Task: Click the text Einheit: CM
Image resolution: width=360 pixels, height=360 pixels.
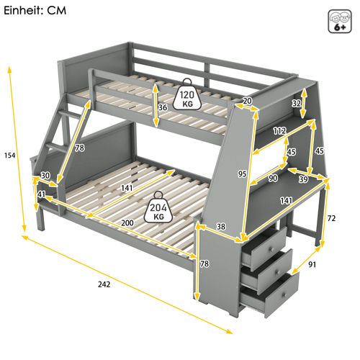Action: click(x=35, y=12)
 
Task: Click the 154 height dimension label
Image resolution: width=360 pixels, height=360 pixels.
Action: click(x=9, y=156)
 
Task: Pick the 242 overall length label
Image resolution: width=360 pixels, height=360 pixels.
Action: click(x=104, y=284)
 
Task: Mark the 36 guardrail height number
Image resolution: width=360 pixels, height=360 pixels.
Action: click(x=163, y=108)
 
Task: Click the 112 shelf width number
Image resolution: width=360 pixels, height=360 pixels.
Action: click(x=280, y=130)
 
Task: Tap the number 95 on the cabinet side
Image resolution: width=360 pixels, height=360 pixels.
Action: click(x=243, y=174)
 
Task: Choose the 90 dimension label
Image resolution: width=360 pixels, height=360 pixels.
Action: click(x=274, y=179)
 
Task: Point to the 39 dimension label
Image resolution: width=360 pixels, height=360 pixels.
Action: click(x=303, y=179)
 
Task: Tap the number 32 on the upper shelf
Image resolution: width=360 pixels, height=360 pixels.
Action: click(x=296, y=103)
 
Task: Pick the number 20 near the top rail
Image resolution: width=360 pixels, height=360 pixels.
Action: click(x=248, y=102)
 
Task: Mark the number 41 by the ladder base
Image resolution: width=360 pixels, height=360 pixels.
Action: click(x=42, y=194)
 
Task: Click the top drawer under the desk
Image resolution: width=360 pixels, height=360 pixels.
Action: click(x=267, y=248)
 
